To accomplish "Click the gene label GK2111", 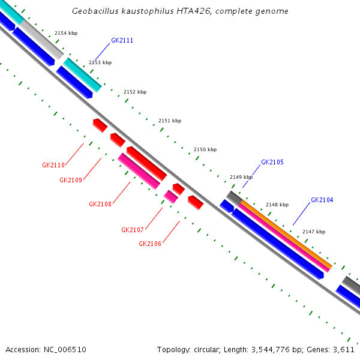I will (x=122, y=41).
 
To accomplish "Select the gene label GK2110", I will (x=53, y=165).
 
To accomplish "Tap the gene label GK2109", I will (x=70, y=180).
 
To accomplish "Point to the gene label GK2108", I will (x=100, y=204).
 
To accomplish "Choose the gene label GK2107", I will (x=132, y=230).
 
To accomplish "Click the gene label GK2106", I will (x=149, y=244).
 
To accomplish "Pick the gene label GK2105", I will (x=272, y=162).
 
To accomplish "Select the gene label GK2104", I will (x=322, y=200).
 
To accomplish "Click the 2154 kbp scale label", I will (x=65, y=33).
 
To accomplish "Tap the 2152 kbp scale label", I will (x=134, y=92).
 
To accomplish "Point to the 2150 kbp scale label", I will (x=205, y=149).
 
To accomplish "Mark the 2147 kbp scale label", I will (x=313, y=232).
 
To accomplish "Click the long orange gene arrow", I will (x=286, y=234).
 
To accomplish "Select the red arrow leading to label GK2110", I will (x=100, y=125).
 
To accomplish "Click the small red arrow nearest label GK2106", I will (x=195, y=202).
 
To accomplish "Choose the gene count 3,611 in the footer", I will (x=344, y=349).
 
